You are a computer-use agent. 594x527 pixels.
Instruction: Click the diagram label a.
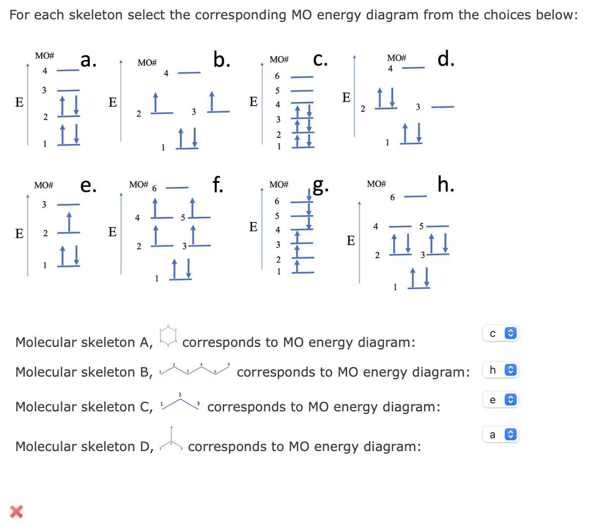point(88,60)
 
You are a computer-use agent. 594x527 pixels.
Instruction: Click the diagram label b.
point(222,59)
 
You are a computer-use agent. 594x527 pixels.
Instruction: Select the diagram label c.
point(320,59)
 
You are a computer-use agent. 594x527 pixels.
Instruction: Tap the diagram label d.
point(446,59)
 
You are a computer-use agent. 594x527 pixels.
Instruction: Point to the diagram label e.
point(88,185)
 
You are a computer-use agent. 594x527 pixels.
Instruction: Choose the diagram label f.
point(217,184)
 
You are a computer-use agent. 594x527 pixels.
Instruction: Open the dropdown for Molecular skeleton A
point(500,333)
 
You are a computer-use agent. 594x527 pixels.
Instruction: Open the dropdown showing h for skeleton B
point(500,370)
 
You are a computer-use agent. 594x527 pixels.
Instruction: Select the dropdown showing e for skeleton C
point(500,400)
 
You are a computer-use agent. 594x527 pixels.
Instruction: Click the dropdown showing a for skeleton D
point(500,435)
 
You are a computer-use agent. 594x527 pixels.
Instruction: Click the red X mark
point(16,511)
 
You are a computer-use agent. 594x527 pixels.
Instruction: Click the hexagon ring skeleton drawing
point(168,335)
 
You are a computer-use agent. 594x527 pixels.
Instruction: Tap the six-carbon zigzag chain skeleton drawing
point(194,370)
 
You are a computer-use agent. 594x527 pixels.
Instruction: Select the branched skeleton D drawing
point(171,439)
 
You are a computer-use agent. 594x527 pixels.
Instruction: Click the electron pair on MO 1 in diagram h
point(419,278)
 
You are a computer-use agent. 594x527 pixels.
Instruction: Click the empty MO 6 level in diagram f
point(177,188)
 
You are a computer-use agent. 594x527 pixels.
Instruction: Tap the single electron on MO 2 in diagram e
point(68,222)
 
